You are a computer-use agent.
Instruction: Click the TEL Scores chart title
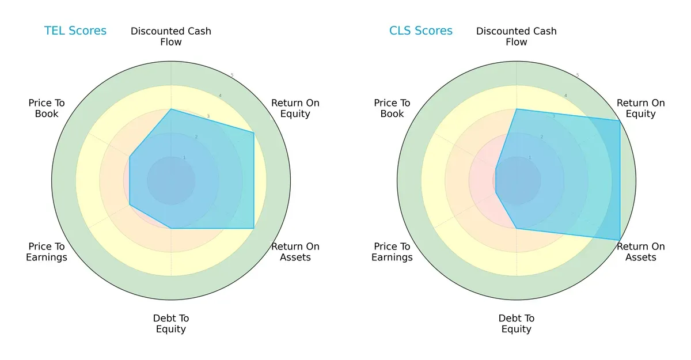(75, 31)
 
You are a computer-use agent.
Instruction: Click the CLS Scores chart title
(421, 31)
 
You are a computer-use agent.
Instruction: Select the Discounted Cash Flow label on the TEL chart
(171, 36)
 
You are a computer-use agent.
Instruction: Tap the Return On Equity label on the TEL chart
(295, 108)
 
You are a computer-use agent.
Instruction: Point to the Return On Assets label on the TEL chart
(295, 252)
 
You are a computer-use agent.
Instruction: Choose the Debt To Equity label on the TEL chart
(171, 324)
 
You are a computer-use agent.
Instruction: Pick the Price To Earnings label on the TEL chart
(47, 252)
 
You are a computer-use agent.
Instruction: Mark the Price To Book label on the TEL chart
(47, 108)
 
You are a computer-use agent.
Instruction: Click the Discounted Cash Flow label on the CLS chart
(517, 36)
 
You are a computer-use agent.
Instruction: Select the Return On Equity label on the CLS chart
(641, 108)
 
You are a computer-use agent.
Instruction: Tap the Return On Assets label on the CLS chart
(641, 252)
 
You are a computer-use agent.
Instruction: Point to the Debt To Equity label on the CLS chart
(517, 324)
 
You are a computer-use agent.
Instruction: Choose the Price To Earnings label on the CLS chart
(392, 252)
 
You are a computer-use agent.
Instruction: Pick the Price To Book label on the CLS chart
(392, 108)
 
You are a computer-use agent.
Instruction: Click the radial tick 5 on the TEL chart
(232, 75)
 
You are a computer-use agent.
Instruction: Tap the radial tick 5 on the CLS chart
(578, 75)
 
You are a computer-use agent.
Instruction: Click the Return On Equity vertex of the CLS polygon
(620, 120)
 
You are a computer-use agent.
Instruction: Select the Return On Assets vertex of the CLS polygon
(620, 240)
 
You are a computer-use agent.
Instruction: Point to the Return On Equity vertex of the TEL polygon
(254, 132)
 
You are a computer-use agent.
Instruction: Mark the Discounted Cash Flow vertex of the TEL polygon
(171, 109)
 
